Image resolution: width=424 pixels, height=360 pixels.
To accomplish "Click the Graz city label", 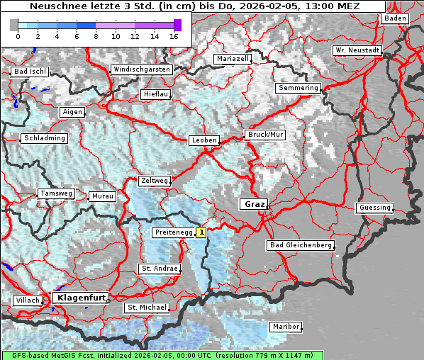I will pos(252,204).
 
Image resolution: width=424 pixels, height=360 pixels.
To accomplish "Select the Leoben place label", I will pos(204,140).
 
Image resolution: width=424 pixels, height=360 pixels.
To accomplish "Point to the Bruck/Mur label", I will pos(264,135).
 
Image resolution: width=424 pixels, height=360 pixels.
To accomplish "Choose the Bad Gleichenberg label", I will pos(301,245).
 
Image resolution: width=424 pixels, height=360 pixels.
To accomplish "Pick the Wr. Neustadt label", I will pos(357,51).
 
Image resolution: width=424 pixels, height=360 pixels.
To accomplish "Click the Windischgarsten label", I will pos(141,69).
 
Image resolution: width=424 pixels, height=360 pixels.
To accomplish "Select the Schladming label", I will pos(44,138).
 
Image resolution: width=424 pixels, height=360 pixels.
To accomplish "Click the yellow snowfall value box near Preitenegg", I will pos(201,232).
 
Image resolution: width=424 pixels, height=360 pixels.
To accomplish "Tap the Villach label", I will pos(27,300).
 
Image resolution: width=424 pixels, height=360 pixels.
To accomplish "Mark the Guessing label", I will pos(374,208).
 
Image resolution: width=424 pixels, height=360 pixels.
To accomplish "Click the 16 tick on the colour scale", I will pos(174,35).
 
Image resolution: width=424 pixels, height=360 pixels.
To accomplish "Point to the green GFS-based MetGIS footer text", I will pos(162,355).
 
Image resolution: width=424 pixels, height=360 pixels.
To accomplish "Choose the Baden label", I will pos(395,18).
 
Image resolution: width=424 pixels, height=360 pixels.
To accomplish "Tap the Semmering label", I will pos(299,88).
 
